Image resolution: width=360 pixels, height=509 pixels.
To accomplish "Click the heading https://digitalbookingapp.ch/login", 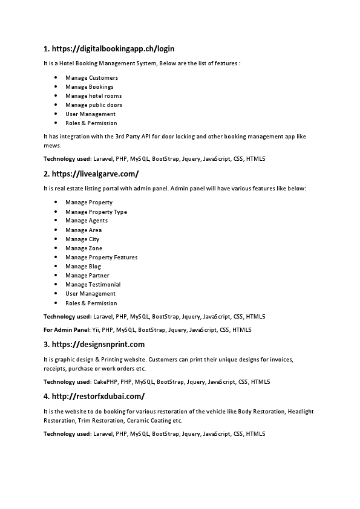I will point(109,48).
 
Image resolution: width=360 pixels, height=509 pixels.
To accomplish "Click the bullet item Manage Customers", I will point(91,78).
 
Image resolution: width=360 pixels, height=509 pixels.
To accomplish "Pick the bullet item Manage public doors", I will point(94,105).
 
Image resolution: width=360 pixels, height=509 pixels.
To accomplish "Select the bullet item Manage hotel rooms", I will point(93,96).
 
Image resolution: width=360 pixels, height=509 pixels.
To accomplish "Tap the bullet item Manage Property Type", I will point(96,212).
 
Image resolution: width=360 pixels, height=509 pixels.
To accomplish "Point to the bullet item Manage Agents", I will point(87,221).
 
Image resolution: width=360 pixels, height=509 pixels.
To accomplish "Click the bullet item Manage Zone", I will point(83,248).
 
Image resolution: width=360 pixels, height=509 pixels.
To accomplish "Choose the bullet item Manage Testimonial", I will point(93,285).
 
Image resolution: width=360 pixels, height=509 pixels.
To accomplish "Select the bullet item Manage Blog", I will point(83,267).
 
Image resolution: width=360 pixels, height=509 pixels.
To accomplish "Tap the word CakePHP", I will point(105,382).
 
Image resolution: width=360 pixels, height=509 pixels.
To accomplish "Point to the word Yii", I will point(96,330).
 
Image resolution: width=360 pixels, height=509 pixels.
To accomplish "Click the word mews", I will point(51,146).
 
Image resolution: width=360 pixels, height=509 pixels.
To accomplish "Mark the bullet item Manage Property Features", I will point(101,258).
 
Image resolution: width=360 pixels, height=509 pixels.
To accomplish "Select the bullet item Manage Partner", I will point(87,276).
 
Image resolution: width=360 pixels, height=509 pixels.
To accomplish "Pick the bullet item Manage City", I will point(82,239).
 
